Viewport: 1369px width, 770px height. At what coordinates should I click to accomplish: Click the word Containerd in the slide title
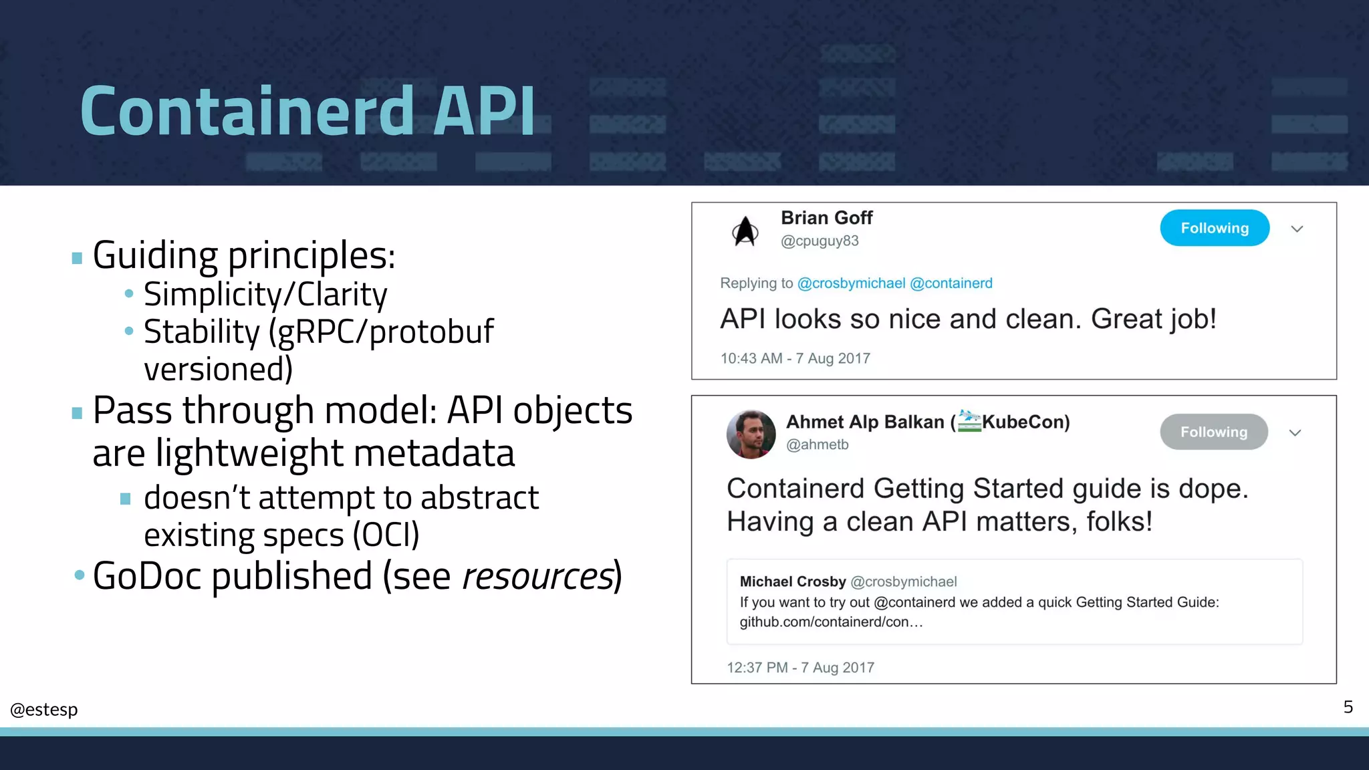coord(247,111)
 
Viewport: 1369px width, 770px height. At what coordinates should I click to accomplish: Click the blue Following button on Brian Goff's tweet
coord(1214,228)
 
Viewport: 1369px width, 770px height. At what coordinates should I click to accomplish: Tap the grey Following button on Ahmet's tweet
coord(1213,432)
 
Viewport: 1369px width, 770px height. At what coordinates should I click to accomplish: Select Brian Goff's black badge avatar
coord(745,231)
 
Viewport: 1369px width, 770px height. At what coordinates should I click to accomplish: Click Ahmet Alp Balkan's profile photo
coord(751,434)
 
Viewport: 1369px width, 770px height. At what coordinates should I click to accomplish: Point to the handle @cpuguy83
coord(820,241)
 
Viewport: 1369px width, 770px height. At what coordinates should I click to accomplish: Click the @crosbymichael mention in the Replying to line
coord(851,283)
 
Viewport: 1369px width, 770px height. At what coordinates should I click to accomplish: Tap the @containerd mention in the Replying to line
coord(951,283)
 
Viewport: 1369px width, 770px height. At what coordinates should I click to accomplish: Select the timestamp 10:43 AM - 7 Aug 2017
coord(795,358)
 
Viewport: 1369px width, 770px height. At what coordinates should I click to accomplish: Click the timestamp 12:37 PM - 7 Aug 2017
coord(800,668)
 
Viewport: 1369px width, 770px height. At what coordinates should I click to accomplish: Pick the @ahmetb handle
coord(817,444)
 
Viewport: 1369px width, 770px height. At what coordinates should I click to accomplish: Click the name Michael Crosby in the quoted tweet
coord(793,582)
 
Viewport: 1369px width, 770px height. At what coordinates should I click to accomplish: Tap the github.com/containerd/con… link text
coord(831,622)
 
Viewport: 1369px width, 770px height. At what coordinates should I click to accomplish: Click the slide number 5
coord(1348,707)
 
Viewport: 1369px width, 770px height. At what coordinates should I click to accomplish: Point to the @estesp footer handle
coord(44,709)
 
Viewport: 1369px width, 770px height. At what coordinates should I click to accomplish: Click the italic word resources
coord(538,576)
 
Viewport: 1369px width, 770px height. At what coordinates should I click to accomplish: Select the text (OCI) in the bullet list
coord(386,535)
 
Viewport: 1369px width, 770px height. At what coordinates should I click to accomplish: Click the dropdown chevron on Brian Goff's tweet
coord(1297,229)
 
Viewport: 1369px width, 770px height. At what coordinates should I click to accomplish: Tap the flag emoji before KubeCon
coord(969,421)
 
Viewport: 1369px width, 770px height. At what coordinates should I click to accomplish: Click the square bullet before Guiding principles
coord(77,258)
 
